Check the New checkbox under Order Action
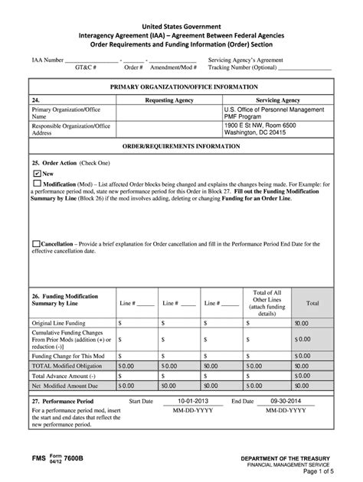point(37,174)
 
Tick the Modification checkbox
point(37,184)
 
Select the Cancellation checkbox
point(36,243)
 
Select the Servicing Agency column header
point(277,100)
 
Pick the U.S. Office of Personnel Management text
point(272,110)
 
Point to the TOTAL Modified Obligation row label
point(69,366)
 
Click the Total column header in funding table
point(312,303)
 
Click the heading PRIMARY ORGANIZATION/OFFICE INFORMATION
point(181,86)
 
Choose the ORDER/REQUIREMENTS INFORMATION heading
point(181,145)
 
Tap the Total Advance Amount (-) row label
point(64,376)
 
